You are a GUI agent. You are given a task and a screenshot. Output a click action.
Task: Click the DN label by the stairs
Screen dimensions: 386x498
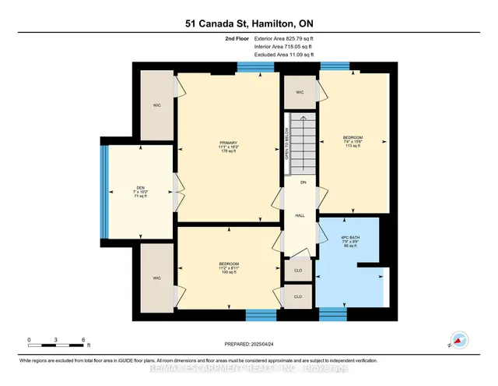coord(302,182)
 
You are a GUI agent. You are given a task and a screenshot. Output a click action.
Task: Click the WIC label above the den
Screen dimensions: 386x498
coord(156,104)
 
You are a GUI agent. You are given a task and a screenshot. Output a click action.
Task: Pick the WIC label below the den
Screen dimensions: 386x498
coord(156,278)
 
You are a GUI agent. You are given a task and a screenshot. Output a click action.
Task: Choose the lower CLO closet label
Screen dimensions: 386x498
coord(298,296)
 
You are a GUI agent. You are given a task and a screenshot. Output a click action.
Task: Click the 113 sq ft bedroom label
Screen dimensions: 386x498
coord(353,141)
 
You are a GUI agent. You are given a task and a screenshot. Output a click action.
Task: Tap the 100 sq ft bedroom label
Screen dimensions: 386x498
coord(228,267)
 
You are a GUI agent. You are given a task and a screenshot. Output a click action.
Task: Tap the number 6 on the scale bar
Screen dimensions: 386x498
coord(83,340)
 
